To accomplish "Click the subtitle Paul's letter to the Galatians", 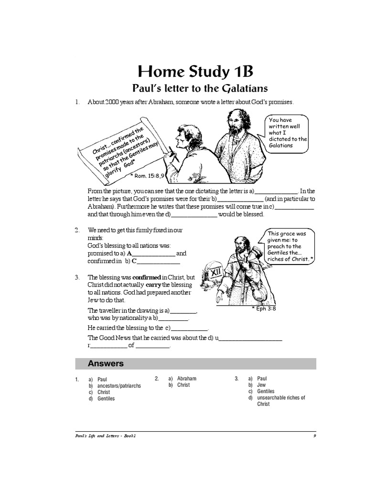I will point(199,88).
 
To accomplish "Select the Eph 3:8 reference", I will point(264,308).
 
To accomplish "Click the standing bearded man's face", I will point(235,122).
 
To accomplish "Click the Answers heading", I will point(106,363).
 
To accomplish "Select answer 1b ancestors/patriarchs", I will point(119,385).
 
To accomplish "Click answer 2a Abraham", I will point(186,379).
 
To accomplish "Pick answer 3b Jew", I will point(261,385).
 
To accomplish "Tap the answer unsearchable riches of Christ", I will point(281,401).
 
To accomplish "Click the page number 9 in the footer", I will point(314,436).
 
